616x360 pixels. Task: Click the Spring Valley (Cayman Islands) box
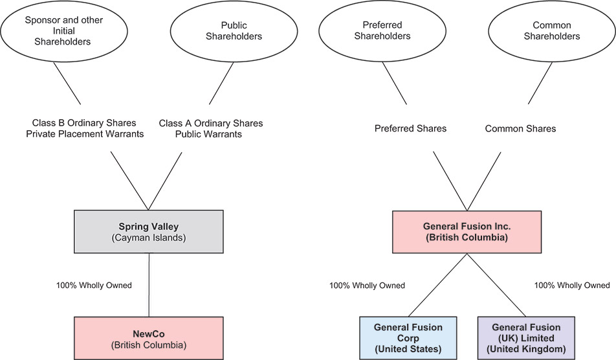(x=149, y=231)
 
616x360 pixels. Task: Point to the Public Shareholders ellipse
(x=234, y=30)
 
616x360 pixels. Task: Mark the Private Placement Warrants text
(x=88, y=134)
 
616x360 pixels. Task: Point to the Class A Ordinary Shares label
(x=211, y=123)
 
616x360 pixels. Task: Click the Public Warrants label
(x=211, y=134)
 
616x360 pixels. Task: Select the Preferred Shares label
(x=410, y=128)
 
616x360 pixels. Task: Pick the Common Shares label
(x=520, y=128)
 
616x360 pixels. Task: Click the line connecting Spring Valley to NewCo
(x=149, y=285)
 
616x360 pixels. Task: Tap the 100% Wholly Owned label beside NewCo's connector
(x=94, y=285)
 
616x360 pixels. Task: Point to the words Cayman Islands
(x=149, y=237)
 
